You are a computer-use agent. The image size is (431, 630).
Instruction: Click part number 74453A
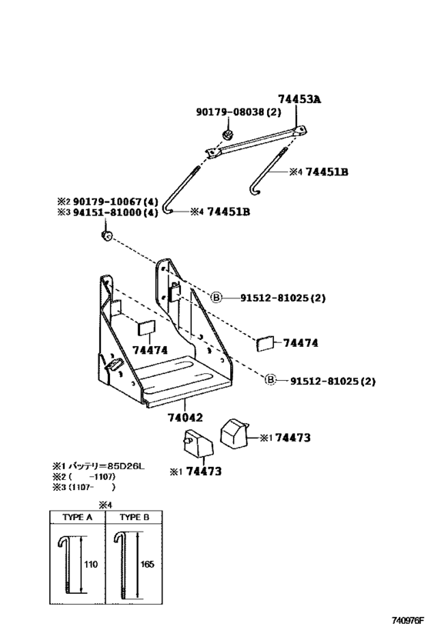coord(299,98)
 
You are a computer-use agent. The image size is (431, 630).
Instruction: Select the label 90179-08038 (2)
coord(239,112)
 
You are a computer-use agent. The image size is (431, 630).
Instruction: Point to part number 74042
coord(185,418)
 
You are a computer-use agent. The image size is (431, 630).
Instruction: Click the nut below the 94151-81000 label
coord(106,235)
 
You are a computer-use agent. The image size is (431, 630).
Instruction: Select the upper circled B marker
coord(216,298)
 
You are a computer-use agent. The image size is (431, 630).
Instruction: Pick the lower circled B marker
coord(271,380)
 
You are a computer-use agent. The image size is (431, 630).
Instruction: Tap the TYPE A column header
coord(78,517)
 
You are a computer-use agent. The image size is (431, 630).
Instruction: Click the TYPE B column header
coord(134,517)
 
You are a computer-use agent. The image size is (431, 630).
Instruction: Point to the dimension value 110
coord(91,565)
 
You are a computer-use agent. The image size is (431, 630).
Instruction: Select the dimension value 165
coord(147,564)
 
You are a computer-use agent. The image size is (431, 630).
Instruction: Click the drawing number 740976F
coord(408,621)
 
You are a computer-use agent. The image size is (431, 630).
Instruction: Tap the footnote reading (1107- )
coord(92,487)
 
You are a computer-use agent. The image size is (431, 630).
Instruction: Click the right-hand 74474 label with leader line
coord(300,343)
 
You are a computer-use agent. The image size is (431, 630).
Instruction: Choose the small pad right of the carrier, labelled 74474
coord(265,344)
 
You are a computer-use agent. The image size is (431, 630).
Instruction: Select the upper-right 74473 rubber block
coord(234,433)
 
